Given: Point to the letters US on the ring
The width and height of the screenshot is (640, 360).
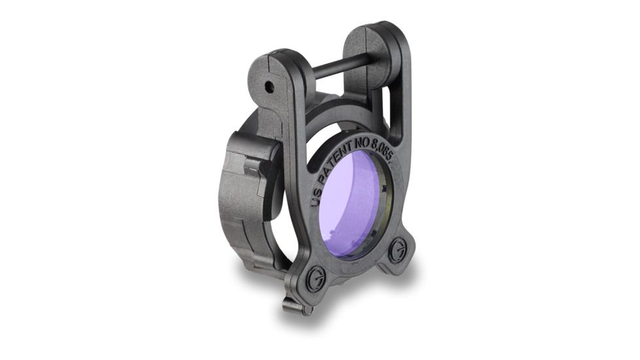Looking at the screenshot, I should (x=316, y=196).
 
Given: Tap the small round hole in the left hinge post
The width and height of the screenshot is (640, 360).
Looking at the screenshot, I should (x=268, y=86).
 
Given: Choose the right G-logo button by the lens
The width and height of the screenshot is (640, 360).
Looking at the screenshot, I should (x=397, y=249).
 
